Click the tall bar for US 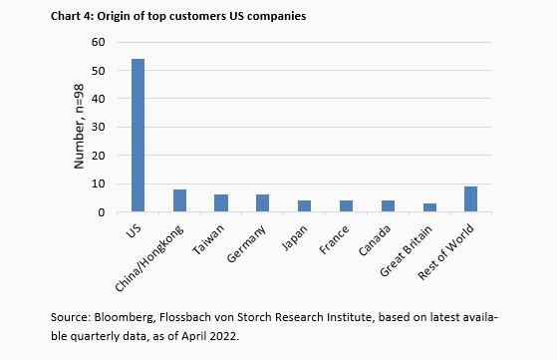point(138,136)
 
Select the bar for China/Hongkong point(179,200)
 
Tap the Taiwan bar point(221,203)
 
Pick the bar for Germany point(262,203)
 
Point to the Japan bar point(304,206)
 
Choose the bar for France point(346,206)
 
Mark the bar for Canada point(388,206)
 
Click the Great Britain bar point(428,207)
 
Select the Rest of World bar point(470,199)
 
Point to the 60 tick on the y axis point(98,42)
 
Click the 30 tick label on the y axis point(98,128)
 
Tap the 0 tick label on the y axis point(101,212)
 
